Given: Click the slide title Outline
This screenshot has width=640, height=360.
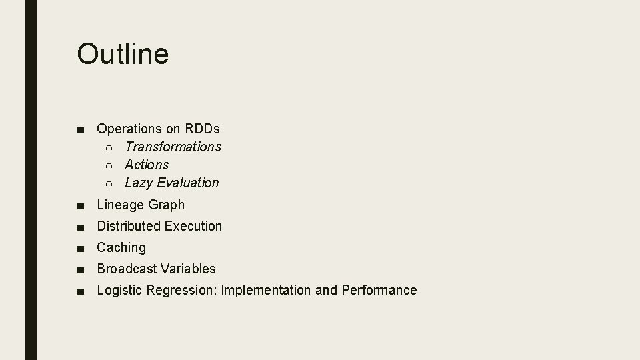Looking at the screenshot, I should pyautogui.click(x=123, y=54).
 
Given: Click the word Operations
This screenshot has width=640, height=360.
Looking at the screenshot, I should pyautogui.click(x=129, y=128).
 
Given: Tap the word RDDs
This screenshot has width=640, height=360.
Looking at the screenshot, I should pyautogui.click(x=203, y=128).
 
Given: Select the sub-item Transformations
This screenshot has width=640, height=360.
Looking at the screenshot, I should pyautogui.click(x=173, y=146).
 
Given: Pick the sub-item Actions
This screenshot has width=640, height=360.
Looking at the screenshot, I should pyautogui.click(x=147, y=164).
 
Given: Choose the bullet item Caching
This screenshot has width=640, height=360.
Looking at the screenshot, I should pyautogui.click(x=121, y=247).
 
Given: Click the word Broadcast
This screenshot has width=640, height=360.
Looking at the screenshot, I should pyautogui.click(x=127, y=269).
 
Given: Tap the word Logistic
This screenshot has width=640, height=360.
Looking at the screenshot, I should pyautogui.click(x=119, y=290).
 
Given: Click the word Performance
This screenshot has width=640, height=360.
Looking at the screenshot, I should pyautogui.click(x=379, y=290).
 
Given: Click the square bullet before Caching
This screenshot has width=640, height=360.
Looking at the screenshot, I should pyautogui.click(x=80, y=249).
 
